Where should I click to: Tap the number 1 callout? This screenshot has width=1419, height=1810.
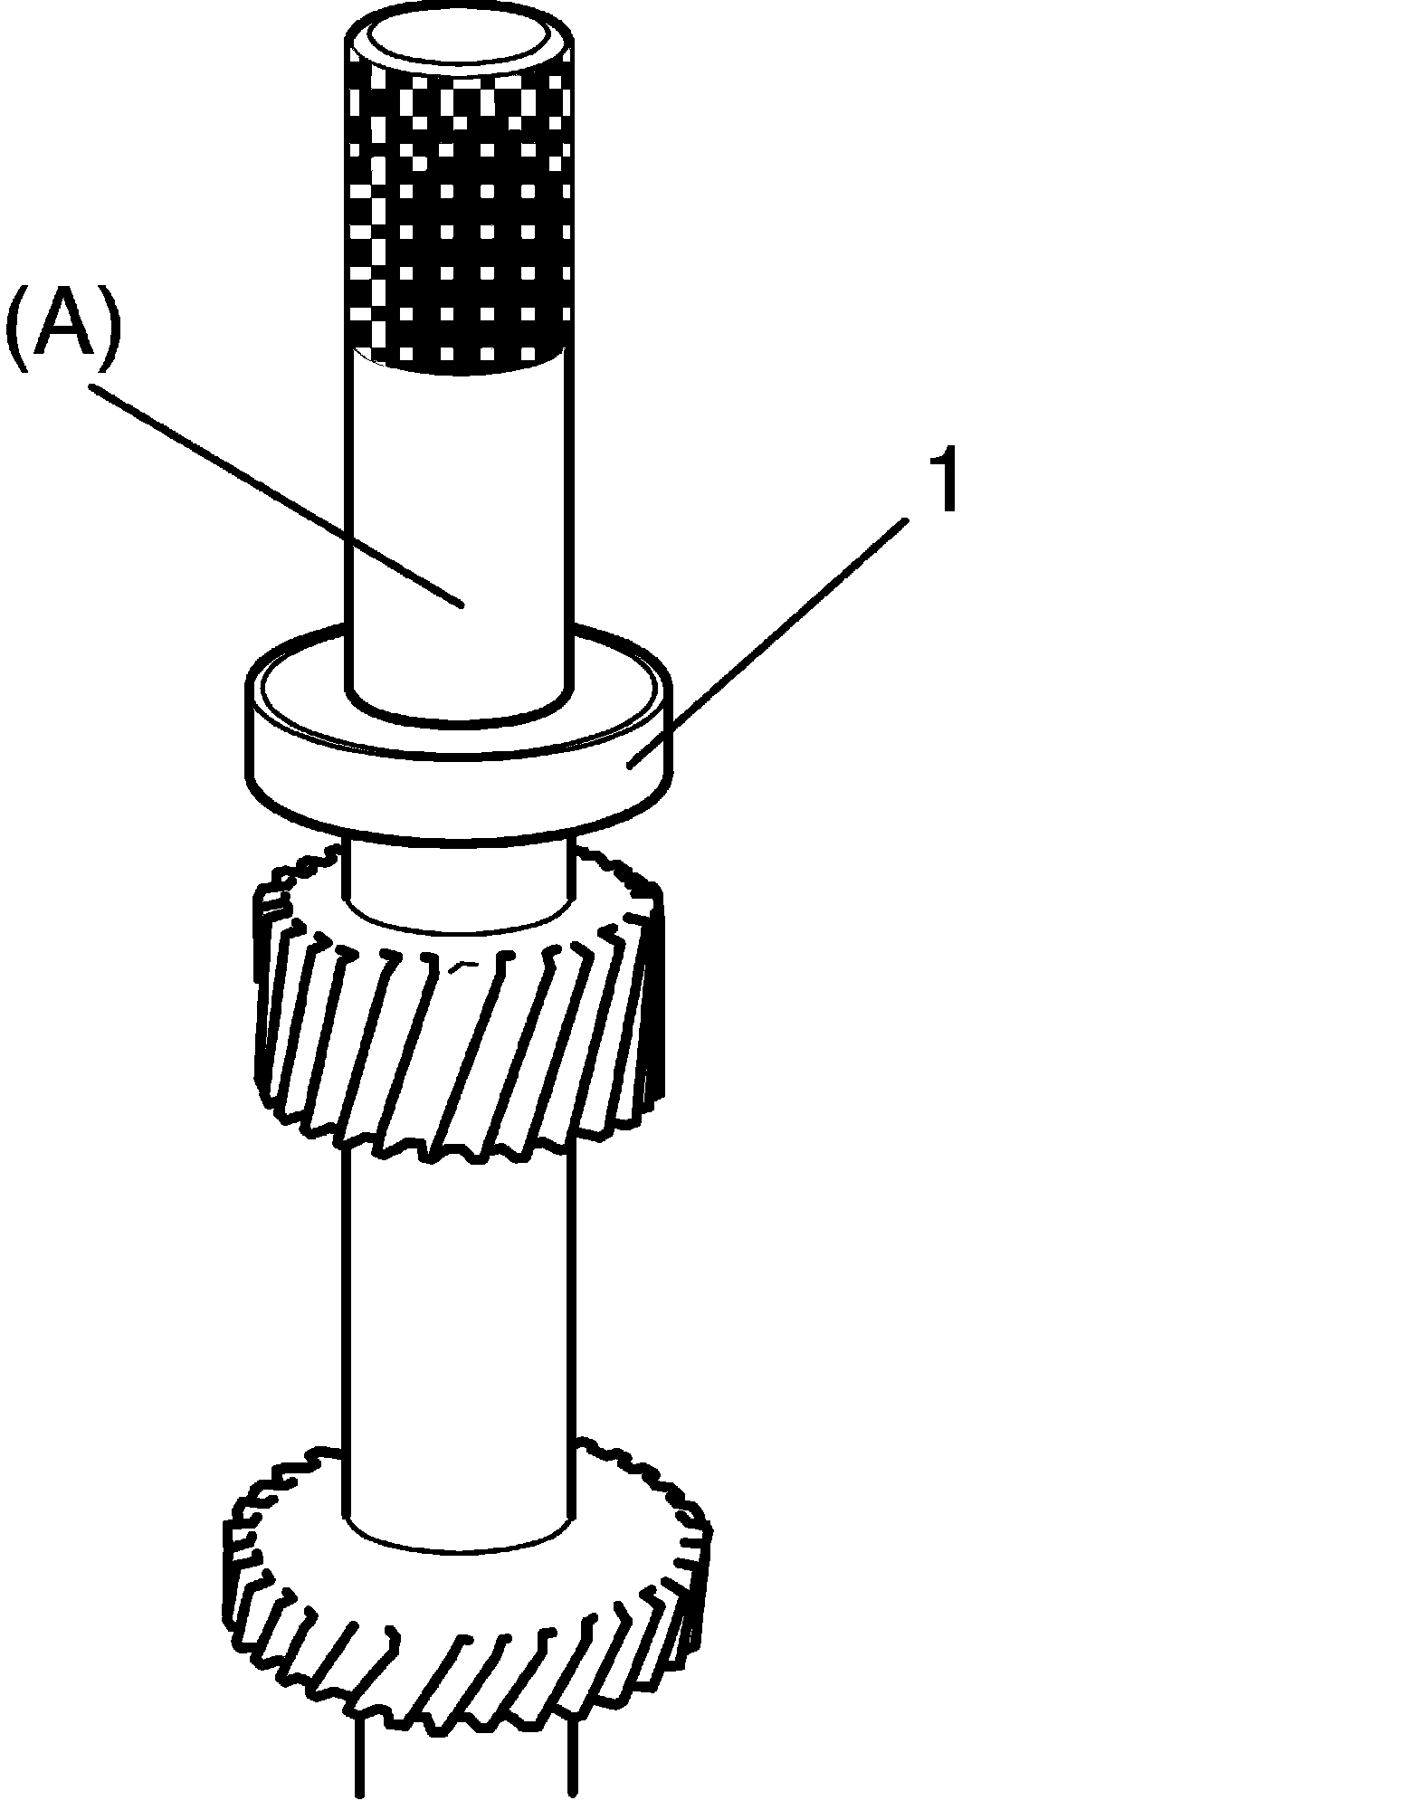[943, 483]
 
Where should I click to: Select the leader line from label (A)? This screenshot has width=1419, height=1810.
[271, 492]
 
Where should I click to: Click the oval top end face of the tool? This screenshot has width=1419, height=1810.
[459, 42]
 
